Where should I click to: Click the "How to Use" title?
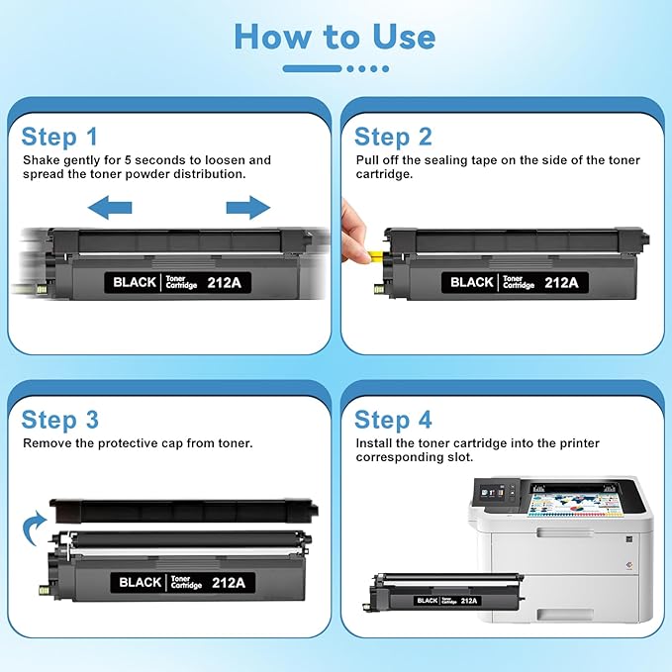point(335,38)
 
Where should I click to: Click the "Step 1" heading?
point(60,136)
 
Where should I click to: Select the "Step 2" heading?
point(393,136)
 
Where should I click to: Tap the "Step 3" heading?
point(60,419)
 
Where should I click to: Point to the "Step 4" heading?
point(394,419)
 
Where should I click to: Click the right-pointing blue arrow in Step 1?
point(247,207)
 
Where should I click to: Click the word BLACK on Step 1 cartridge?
point(135,282)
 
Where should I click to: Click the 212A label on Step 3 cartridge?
point(228,582)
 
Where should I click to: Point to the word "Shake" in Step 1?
point(42,160)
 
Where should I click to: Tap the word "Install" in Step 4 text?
point(375,443)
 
